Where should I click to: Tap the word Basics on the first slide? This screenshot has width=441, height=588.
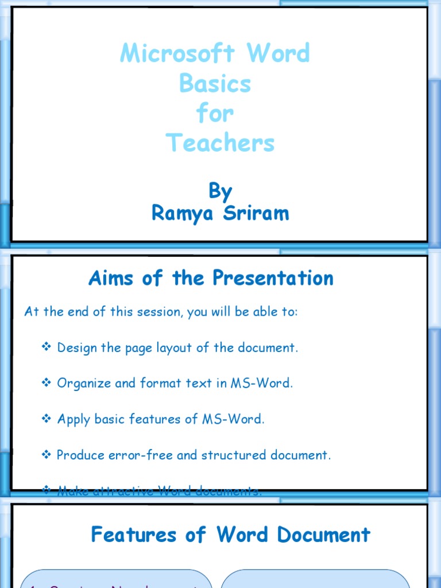coord(215,84)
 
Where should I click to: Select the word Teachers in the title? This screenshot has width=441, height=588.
coord(220,142)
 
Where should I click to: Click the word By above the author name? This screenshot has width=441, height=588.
coord(220,191)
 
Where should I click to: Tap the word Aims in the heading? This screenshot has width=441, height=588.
coord(111,278)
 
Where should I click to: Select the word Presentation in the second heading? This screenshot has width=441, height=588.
coord(273,278)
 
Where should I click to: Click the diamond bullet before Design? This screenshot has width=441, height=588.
coord(47,347)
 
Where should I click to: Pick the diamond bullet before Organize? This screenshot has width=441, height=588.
coord(47,383)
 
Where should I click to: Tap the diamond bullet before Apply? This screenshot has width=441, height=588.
coord(47,419)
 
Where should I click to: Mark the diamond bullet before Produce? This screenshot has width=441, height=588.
coord(47,455)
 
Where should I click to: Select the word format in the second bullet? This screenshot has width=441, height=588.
coord(158,383)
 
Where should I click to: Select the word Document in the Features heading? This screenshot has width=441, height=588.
coord(324,535)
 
